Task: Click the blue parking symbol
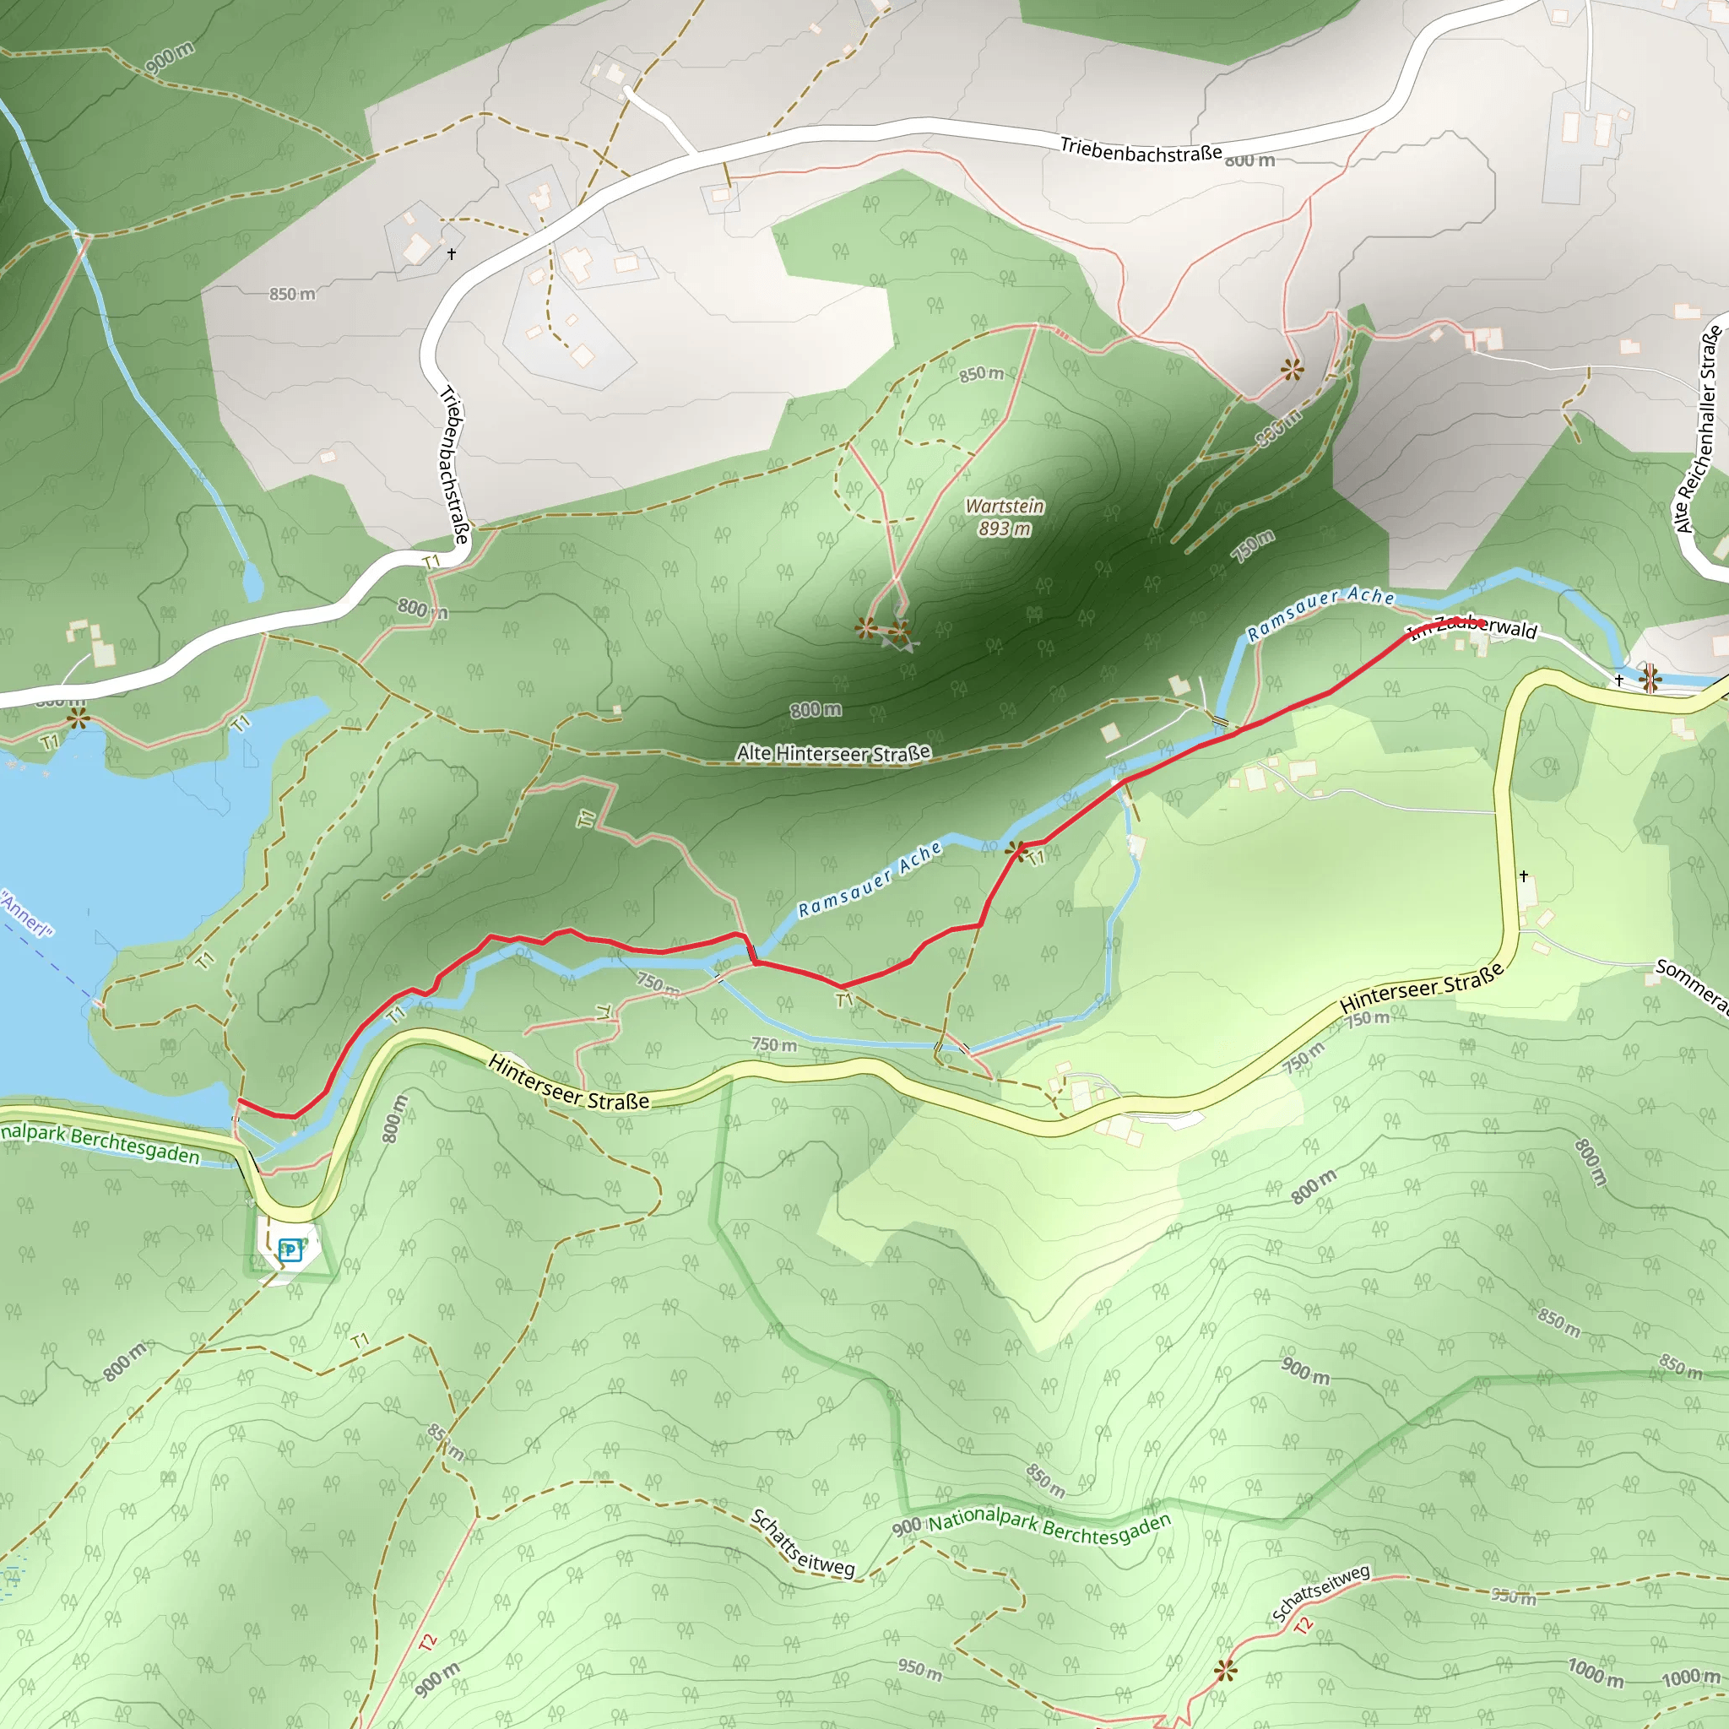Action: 290,1250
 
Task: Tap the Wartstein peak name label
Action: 1004,507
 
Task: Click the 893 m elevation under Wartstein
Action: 1004,528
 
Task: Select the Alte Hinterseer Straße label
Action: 833,754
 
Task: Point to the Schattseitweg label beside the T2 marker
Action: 1321,1594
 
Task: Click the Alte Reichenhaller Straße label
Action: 1699,431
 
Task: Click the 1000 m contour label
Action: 1595,1672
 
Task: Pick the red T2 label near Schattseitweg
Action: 1303,1624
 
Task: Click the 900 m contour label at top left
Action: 169,57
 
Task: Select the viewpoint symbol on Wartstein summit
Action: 865,627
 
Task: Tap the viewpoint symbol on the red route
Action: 1016,849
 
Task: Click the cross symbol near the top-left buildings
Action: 452,254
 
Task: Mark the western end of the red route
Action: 239,1100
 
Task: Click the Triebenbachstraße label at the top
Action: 1141,149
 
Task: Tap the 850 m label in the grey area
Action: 293,295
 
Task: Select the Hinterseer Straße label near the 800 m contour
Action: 568,1083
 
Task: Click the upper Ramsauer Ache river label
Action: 1321,614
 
